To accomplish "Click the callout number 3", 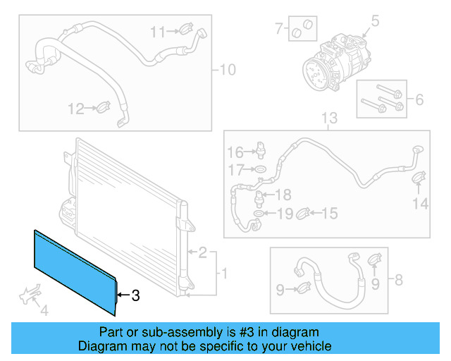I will [x=136, y=297].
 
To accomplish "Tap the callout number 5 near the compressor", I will [x=375, y=21].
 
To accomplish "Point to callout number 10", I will [x=228, y=70].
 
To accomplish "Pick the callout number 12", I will [x=75, y=109].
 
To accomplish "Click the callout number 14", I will [x=420, y=204].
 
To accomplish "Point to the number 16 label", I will [x=235, y=152].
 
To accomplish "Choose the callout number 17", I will [x=235, y=169].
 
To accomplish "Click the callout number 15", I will [x=329, y=213].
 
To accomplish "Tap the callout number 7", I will [x=278, y=29].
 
